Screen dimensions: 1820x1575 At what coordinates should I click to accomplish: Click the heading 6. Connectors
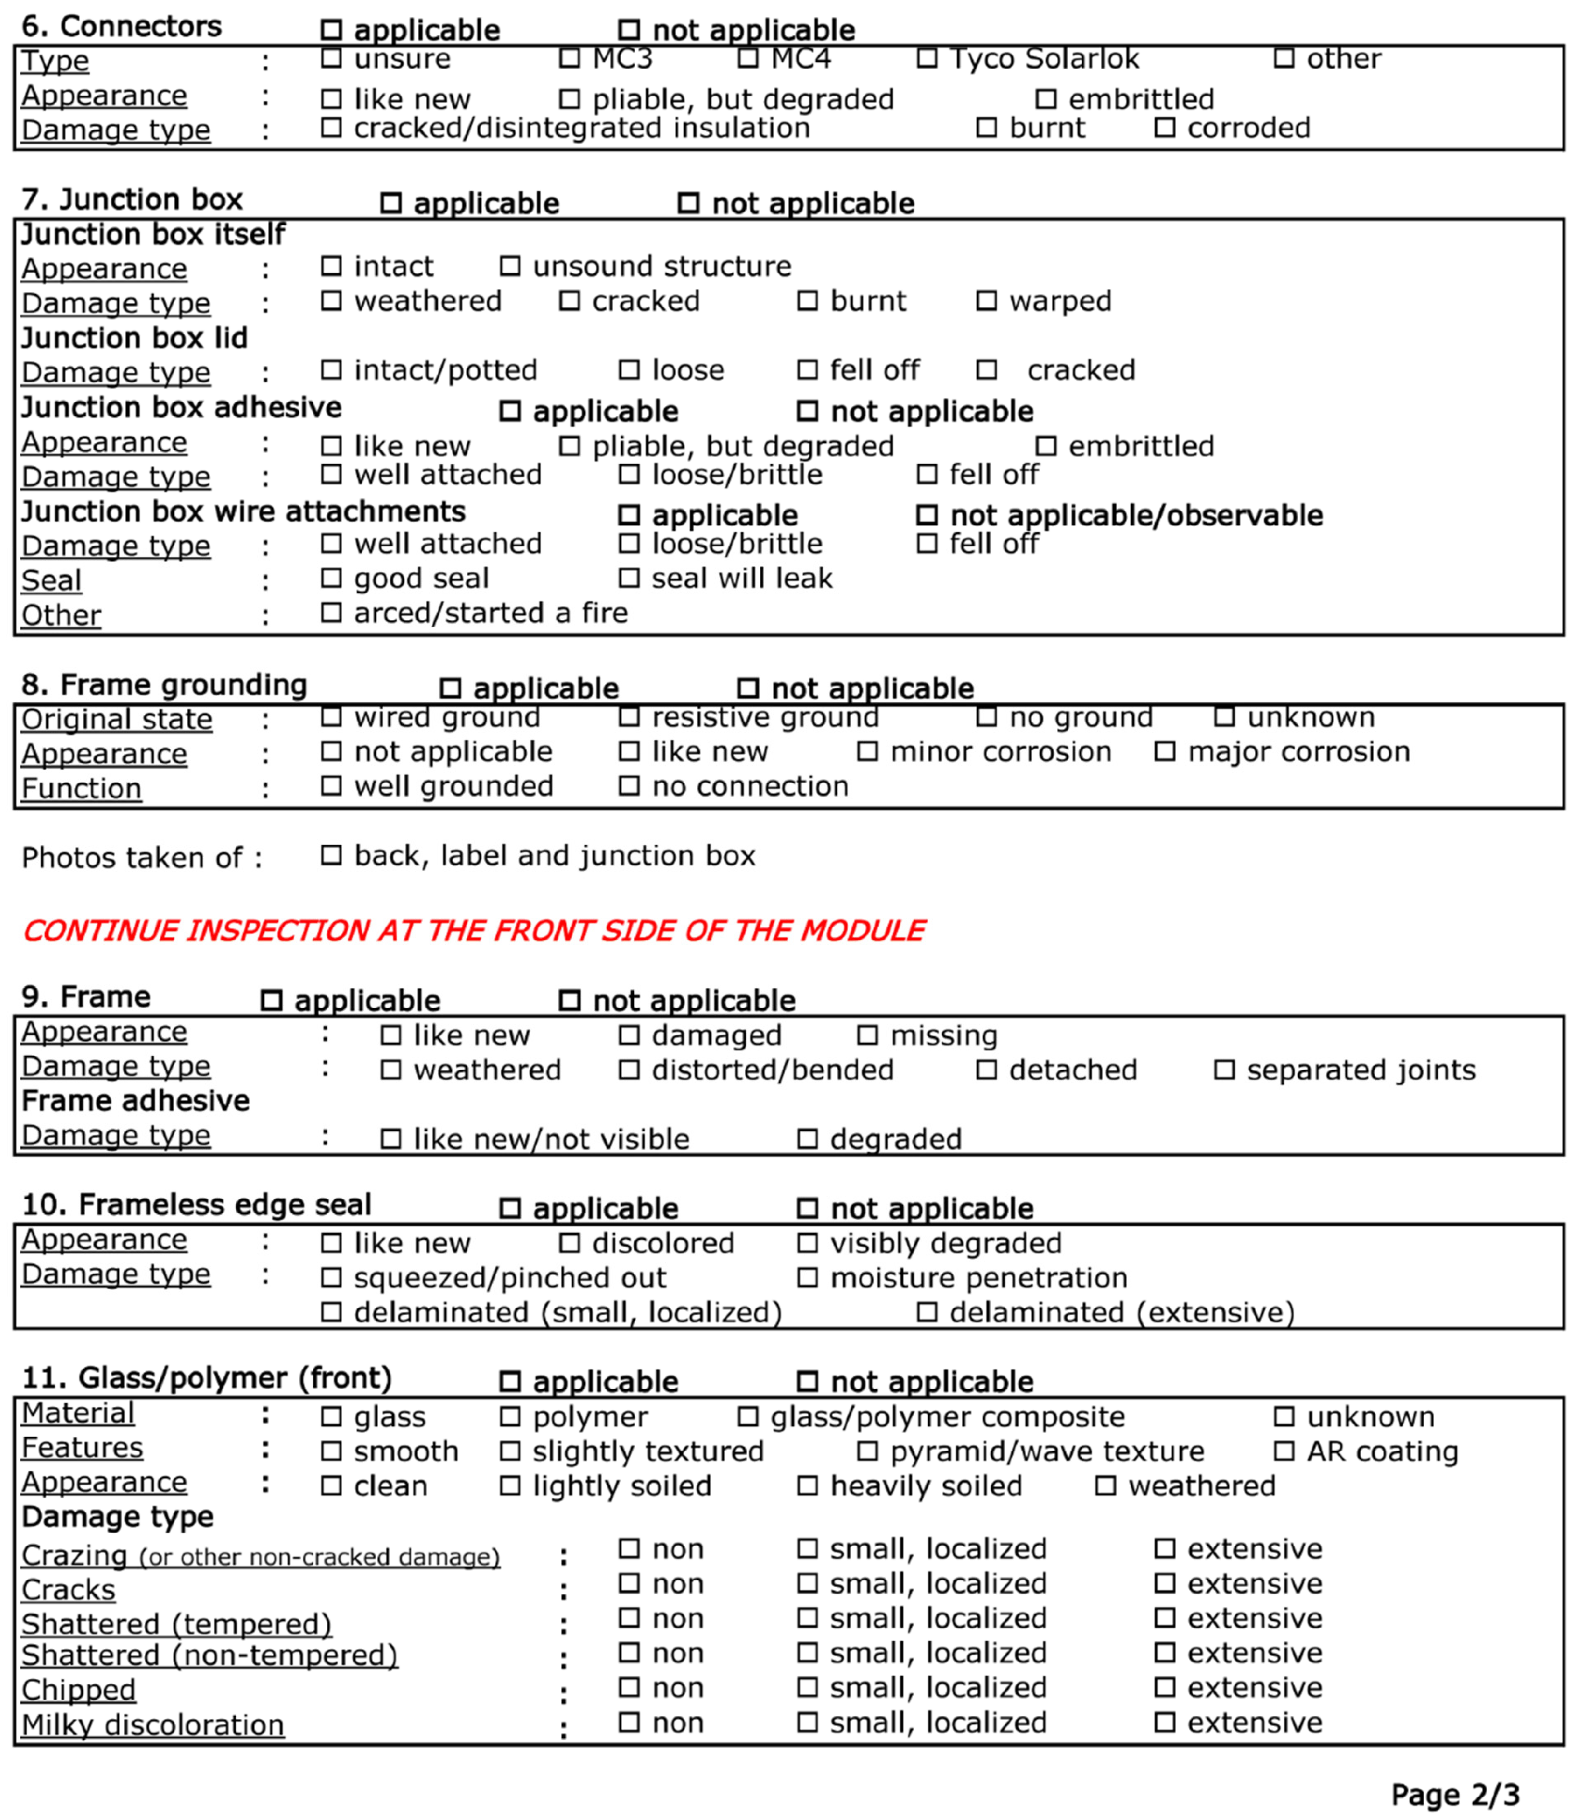pyautogui.click(x=121, y=26)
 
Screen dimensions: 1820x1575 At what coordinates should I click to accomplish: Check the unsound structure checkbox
pyautogui.click(x=510, y=265)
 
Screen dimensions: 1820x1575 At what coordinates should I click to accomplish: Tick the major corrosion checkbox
pyautogui.click(x=1165, y=752)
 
